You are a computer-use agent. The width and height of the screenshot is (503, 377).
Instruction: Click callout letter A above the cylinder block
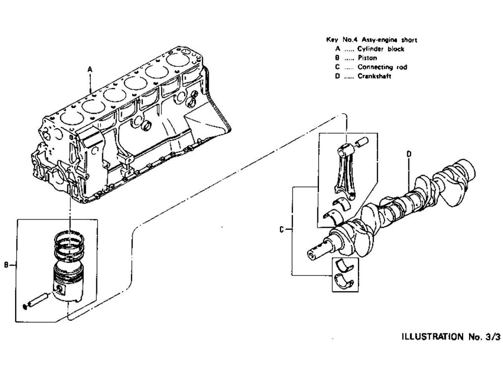tap(90, 70)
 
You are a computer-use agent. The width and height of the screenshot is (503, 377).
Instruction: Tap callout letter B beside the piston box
tap(6, 266)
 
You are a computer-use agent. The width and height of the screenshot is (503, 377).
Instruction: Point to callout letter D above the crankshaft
tap(409, 154)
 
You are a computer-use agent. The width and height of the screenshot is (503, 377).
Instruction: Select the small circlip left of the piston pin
tap(26, 308)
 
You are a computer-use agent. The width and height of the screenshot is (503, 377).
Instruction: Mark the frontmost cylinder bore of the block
tap(69, 119)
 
